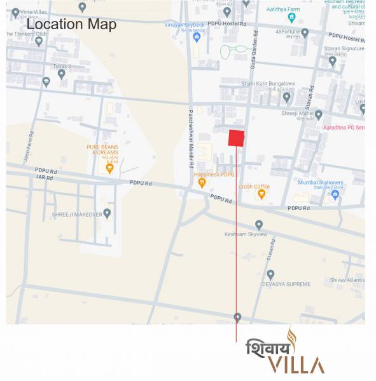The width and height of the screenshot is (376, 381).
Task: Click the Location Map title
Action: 72,25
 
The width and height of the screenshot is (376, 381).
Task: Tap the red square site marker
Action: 237,138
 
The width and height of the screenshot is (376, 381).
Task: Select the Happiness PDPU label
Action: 214,175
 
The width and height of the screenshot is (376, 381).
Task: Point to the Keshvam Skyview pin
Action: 259,225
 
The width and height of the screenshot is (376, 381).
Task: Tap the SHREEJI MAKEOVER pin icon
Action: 107,213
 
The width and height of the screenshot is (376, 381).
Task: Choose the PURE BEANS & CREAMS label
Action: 102,149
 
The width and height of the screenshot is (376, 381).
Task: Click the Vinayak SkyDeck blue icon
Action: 197,37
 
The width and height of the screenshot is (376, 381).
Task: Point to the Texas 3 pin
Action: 62,74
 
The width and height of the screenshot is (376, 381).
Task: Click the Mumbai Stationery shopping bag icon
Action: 335,196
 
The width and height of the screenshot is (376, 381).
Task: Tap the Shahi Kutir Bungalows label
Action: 268,83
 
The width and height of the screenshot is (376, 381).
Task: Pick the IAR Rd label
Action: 45,178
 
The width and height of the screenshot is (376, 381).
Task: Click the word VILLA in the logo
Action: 296,365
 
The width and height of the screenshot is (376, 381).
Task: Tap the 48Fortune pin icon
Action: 305,32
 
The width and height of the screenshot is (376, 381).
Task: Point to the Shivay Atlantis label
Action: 347,280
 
